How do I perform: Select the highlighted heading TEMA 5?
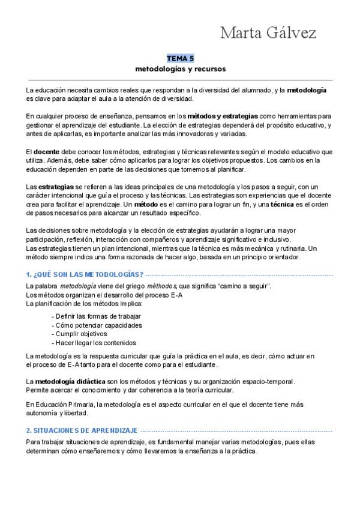pos(180,58)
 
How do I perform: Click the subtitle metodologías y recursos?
pos(180,68)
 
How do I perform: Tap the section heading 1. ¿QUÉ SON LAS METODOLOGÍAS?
pos(80,274)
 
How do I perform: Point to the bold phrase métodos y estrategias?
pos(223,115)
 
